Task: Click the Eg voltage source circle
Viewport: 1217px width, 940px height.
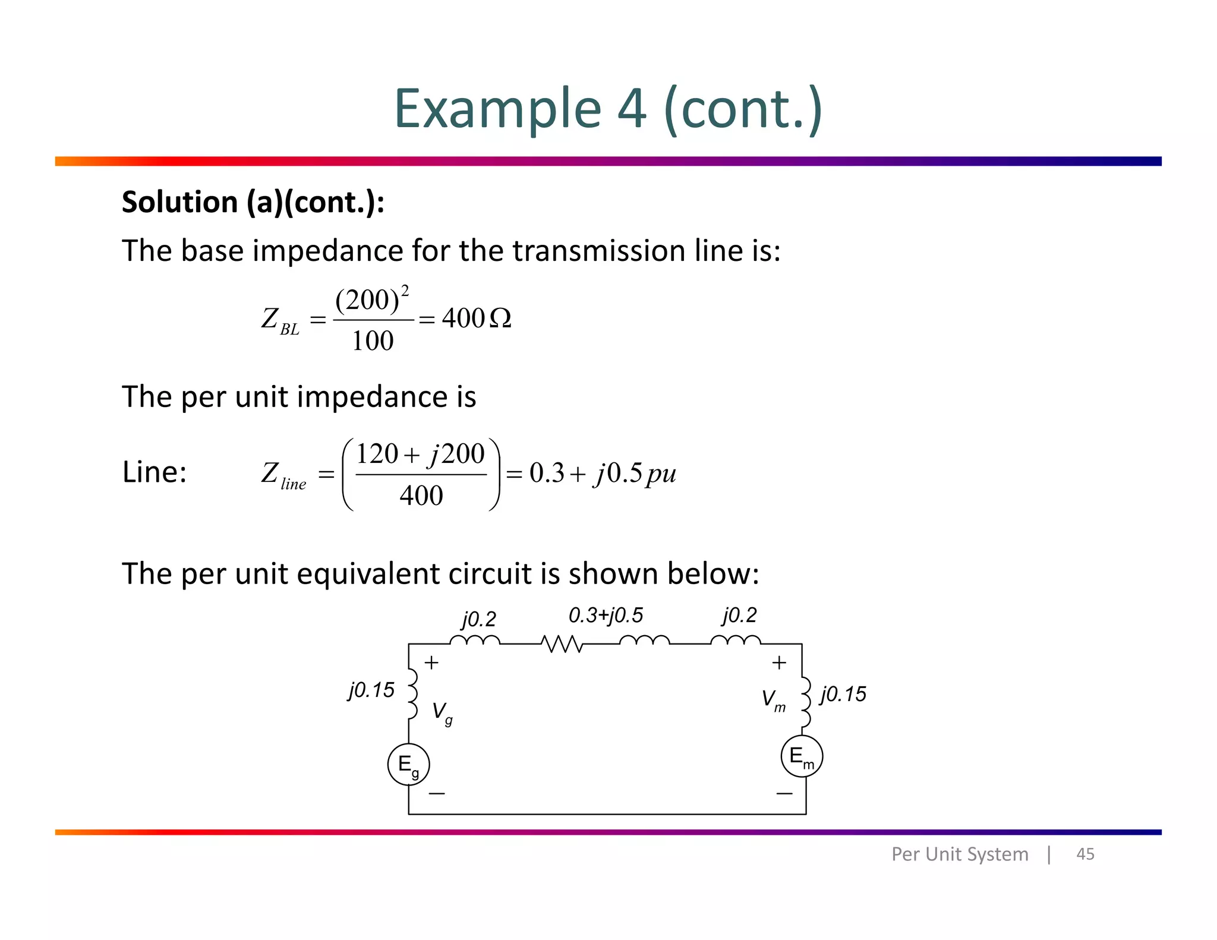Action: (x=408, y=764)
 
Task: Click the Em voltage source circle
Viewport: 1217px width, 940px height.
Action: (x=802, y=756)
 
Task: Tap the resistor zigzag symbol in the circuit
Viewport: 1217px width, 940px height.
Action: (x=562, y=644)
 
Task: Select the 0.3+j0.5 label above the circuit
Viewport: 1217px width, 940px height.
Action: (x=606, y=615)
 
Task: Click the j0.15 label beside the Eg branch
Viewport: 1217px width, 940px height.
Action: (x=371, y=690)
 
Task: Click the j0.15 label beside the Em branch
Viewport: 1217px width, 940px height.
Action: (x=843, y=694)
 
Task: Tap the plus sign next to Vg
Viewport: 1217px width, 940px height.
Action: (x=431, y=663)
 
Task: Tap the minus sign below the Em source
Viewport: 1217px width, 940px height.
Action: (x=784, y=793)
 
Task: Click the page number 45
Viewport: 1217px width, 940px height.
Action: (x=1085, y=854)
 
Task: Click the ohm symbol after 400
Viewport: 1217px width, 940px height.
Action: (x=500, y=319)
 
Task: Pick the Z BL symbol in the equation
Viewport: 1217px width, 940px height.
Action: (x=280, y=321)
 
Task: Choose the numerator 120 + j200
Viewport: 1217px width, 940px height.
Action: (x=420, y=455)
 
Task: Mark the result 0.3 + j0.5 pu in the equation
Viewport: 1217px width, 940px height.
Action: (x=603, y=474)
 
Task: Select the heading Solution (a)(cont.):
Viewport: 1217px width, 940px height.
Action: (x=253, y=202)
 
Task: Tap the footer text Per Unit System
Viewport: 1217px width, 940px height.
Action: (x=960, y=854)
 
